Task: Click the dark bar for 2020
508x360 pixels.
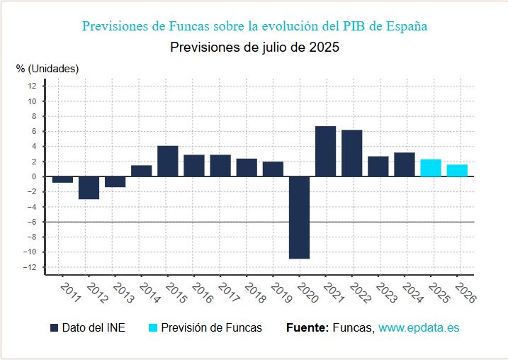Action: (300, 218)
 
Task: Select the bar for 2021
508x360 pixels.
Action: (326, 152)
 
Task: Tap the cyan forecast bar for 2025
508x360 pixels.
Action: (431, 168)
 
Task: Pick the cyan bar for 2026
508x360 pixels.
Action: (457, 171)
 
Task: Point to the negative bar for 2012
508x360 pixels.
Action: (89, 188)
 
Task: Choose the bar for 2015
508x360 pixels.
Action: (168, 161)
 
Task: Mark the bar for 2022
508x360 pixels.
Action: (352, 153)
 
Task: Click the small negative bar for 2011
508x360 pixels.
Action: (62, 179)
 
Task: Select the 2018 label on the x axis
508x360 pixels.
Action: (255, 293)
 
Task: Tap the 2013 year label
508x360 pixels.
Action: (124, 293)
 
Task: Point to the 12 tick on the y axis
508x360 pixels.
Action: (32, 86)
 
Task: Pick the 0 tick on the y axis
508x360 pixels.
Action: (34, 176)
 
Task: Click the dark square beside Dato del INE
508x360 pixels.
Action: (54, 327)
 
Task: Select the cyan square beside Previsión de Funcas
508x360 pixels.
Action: (153, 327)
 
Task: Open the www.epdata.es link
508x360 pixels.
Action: (419, 327)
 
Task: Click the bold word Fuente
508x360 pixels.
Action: (307, 327)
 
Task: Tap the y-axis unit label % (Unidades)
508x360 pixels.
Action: (47, 69)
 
